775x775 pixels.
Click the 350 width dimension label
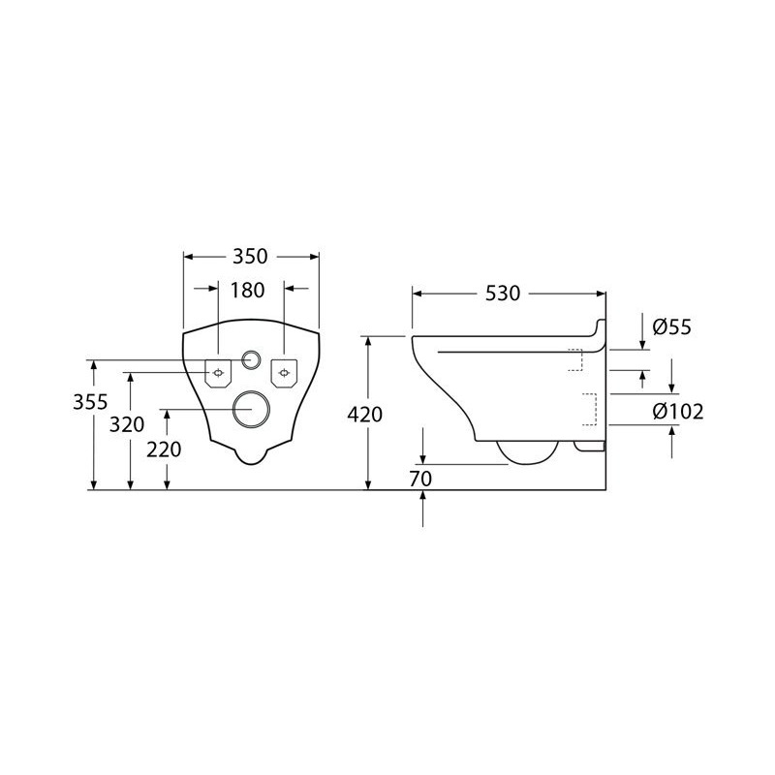click(250, 257)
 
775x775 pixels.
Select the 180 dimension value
click(248, 290)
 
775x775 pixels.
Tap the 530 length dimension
click(503, 294)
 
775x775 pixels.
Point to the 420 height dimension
click(365, 415)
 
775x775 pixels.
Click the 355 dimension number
click(90, 402)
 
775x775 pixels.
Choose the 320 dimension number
click(127, 424)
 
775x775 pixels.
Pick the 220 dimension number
click(164, 449)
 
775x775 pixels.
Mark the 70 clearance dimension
click(420, 479)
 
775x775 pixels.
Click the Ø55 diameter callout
click(671, 327)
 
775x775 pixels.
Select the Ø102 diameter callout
click(677, 411)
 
